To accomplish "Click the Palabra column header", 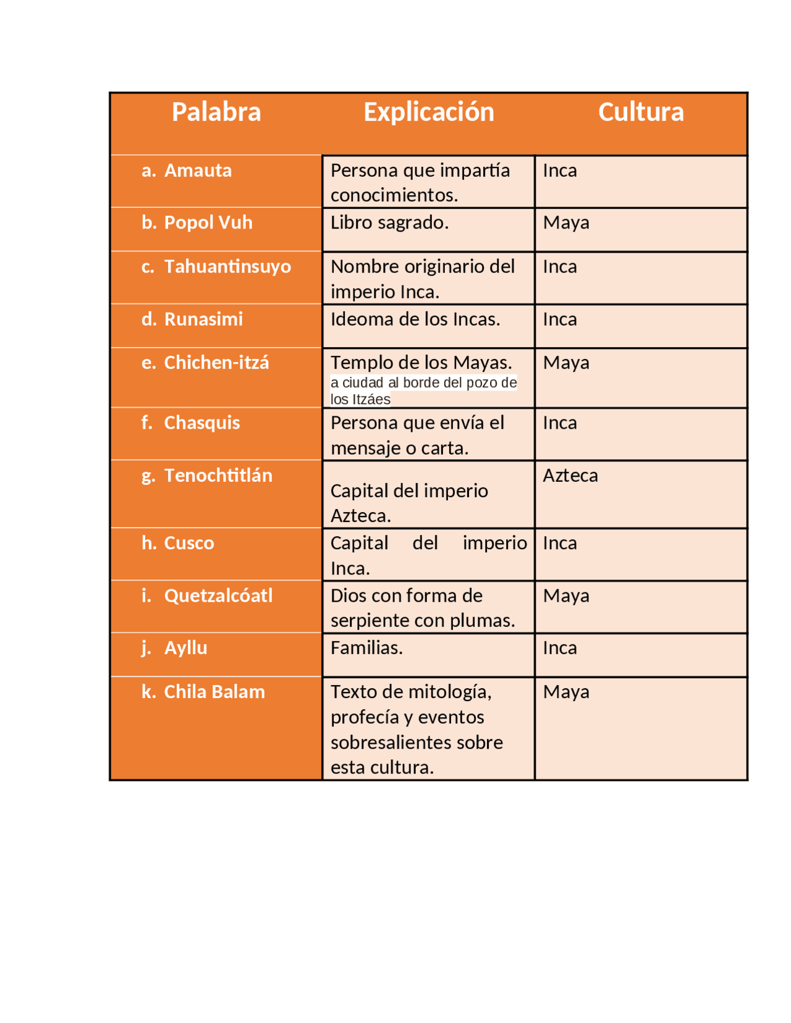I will [216, 112].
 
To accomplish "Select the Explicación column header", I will [428, 112].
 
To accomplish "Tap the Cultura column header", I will [641, 112].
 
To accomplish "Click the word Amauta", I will [198, 170].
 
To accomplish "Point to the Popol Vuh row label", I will [208, 222].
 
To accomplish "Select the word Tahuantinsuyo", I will [227, 266].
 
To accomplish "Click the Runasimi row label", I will [203, 319].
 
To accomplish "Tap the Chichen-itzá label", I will [216, 363].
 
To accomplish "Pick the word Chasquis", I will [201, 423].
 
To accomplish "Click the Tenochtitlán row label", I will [218, 476].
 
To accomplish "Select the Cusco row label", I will [189, 543].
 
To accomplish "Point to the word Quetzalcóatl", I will [218, 596].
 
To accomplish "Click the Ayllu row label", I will [185, 648].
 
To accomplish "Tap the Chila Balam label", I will [214, 692].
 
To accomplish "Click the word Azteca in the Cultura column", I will [570, 476].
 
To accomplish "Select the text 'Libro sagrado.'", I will [389, 222].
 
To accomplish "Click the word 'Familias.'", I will [366, 648].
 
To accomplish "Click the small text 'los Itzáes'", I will [360, 400].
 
